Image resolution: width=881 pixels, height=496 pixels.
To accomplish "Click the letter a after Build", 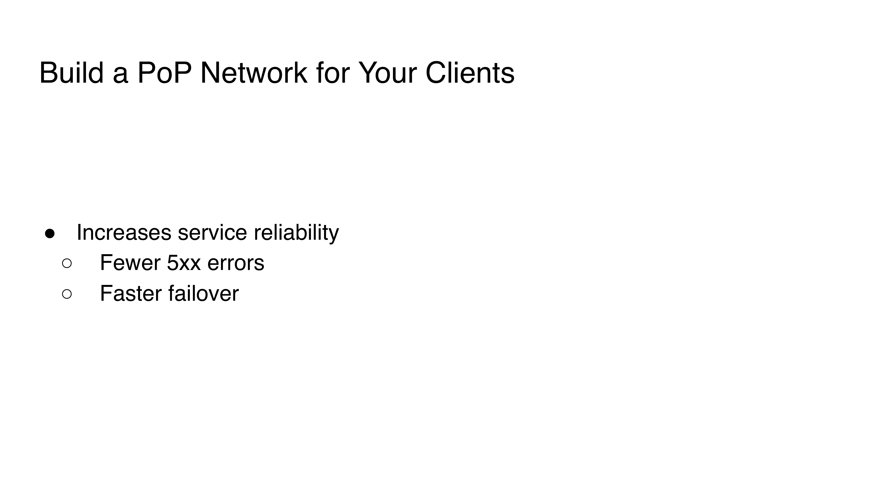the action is [120, 76].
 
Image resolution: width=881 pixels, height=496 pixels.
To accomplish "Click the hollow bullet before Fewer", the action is [67, 263].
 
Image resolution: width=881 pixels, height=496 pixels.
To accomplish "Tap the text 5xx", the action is [184, 263].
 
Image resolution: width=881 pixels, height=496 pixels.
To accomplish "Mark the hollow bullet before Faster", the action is [67, 294].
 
